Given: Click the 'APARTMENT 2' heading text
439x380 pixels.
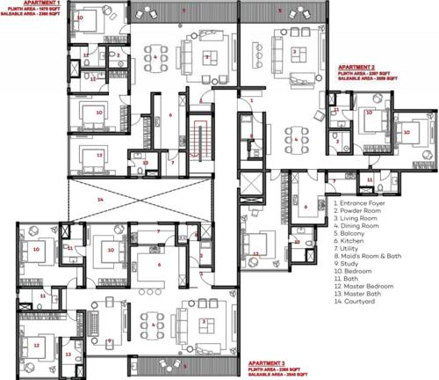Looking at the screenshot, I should coord(359,66).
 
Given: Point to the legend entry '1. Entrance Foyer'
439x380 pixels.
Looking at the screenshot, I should coord(362,201).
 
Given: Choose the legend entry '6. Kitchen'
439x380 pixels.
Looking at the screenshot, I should coord(353,237).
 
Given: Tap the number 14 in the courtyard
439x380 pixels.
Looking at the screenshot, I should coord(100,200).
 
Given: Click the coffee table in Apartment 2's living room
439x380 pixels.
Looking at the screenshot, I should coord(294,53).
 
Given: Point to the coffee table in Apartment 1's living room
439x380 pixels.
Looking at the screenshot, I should coord(206,56).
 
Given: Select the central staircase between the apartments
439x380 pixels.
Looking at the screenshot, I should coord(205,141).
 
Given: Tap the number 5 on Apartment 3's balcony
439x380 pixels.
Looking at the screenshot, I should coord(184,363).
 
